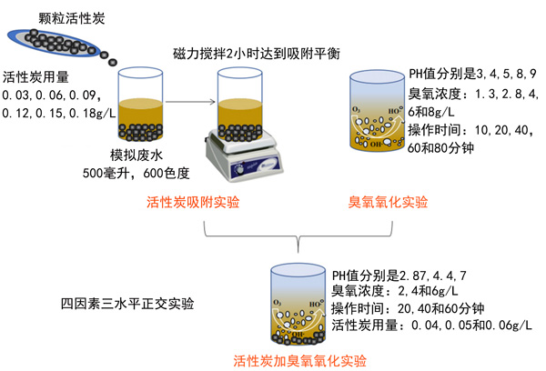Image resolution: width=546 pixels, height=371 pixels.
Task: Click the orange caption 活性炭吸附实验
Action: pos(193,202)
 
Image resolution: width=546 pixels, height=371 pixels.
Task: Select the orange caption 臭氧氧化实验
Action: pos(389,202)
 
